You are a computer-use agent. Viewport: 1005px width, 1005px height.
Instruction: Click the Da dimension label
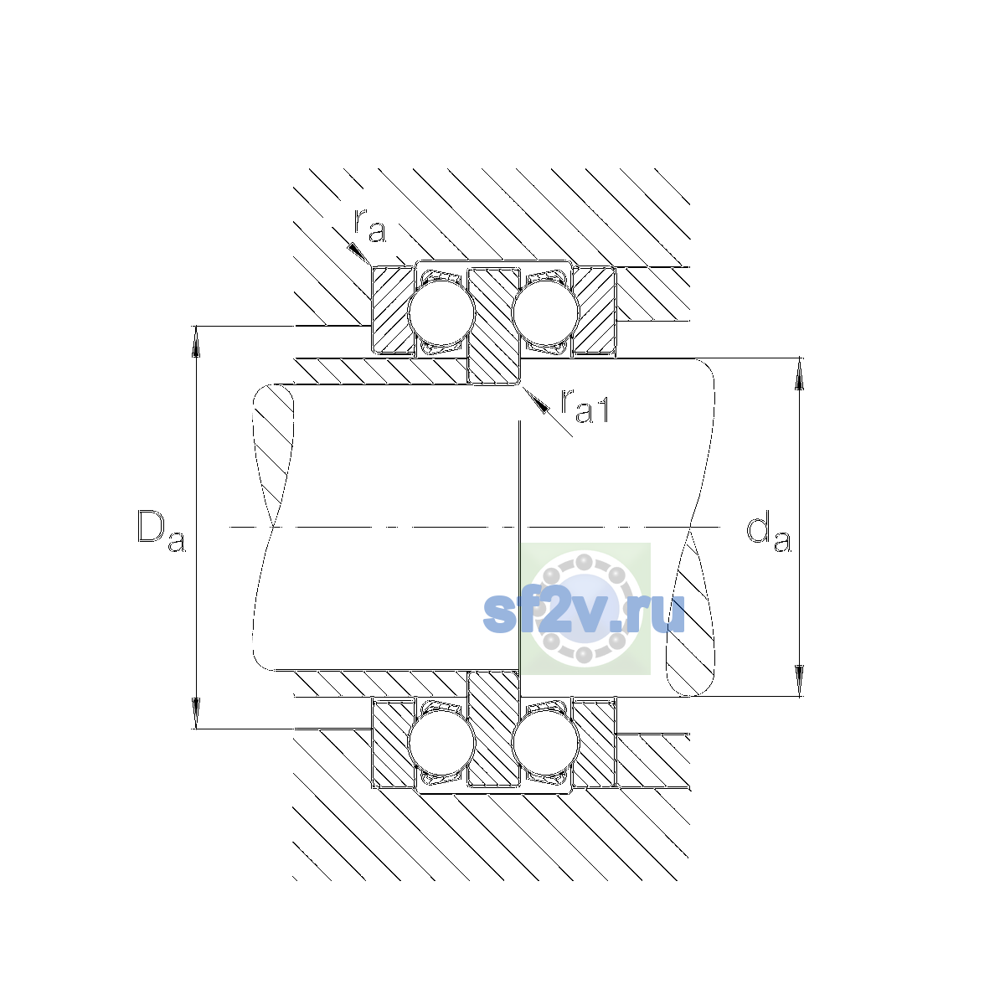[161, 530]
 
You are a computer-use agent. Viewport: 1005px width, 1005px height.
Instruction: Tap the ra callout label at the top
[370, 226]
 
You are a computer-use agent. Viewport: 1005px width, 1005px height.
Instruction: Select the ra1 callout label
[585, 405]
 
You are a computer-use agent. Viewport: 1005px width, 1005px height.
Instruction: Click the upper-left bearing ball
[441, 312]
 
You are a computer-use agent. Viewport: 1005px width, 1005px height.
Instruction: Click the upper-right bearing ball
[545, 312]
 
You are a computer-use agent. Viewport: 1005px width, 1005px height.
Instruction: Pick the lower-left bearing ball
[441, 743]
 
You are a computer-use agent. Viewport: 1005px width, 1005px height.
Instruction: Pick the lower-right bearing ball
[545, 743]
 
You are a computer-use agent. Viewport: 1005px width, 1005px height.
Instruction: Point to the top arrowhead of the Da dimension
[196, 341]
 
